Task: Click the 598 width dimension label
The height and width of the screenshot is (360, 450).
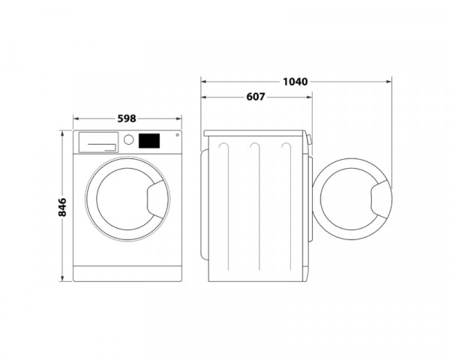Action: [127, 118]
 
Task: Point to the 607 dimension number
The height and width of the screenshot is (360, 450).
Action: [256, 97]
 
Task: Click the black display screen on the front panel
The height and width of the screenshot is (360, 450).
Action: [149, 140]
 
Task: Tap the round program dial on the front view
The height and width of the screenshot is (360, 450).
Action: [129, 140]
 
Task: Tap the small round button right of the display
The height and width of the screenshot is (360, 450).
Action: [176, 136]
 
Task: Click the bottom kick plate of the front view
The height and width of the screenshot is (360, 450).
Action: [127, 273]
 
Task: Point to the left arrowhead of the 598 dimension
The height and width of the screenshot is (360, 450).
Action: [76, 118]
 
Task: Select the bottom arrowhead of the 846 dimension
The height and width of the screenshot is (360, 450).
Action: [62, 278]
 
